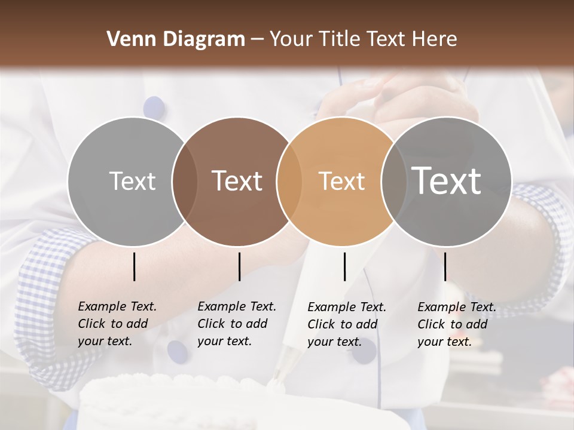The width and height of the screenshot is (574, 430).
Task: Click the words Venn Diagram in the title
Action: tap(176, 39)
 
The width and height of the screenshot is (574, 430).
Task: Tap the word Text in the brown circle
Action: tap(237, 181)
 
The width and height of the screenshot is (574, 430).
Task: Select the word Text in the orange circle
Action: tap(341, 181)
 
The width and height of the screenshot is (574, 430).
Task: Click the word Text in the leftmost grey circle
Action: tap(132, 181)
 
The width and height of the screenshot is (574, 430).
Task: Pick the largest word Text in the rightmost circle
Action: tap(446, 180)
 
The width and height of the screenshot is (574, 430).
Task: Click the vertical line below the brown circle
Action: tap(239, 266)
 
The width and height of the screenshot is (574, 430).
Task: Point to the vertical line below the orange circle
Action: tap(344, 266)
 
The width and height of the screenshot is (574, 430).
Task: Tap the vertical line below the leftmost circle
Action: tap(134, 266)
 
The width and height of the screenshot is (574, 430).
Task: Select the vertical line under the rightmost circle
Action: tap(445, 266)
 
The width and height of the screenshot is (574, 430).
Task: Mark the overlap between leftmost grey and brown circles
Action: tap(184, 182)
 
